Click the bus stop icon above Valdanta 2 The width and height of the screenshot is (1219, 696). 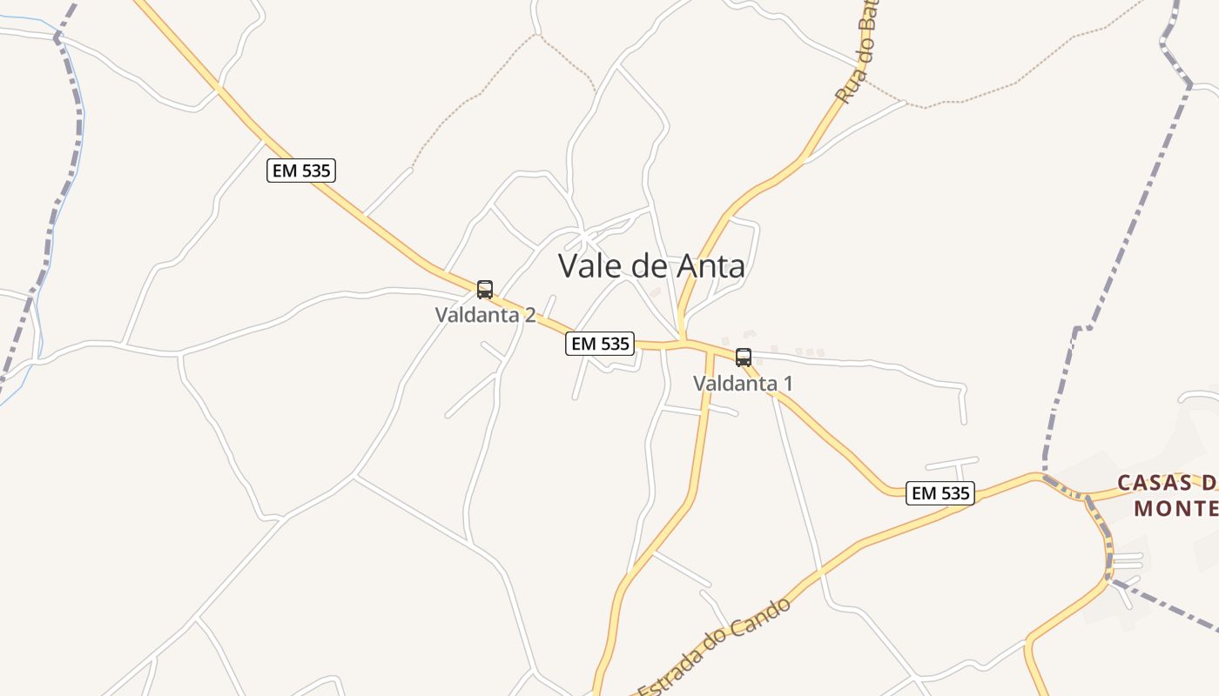point(485,290)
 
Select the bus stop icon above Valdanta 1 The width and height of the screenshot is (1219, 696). point(744,358)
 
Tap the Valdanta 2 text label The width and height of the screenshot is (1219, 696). point(485,315)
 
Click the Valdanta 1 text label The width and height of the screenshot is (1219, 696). point(743,383)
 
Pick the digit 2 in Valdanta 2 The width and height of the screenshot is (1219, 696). point(529,315)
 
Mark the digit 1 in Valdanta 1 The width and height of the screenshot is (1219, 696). point(788,383)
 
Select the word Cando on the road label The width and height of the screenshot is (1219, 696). point(764,619)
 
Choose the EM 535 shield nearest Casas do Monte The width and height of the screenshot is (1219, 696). point(940,493)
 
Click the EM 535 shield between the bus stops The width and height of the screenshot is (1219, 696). point(600,344)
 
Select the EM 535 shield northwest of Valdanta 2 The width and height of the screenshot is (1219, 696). point(301,171)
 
